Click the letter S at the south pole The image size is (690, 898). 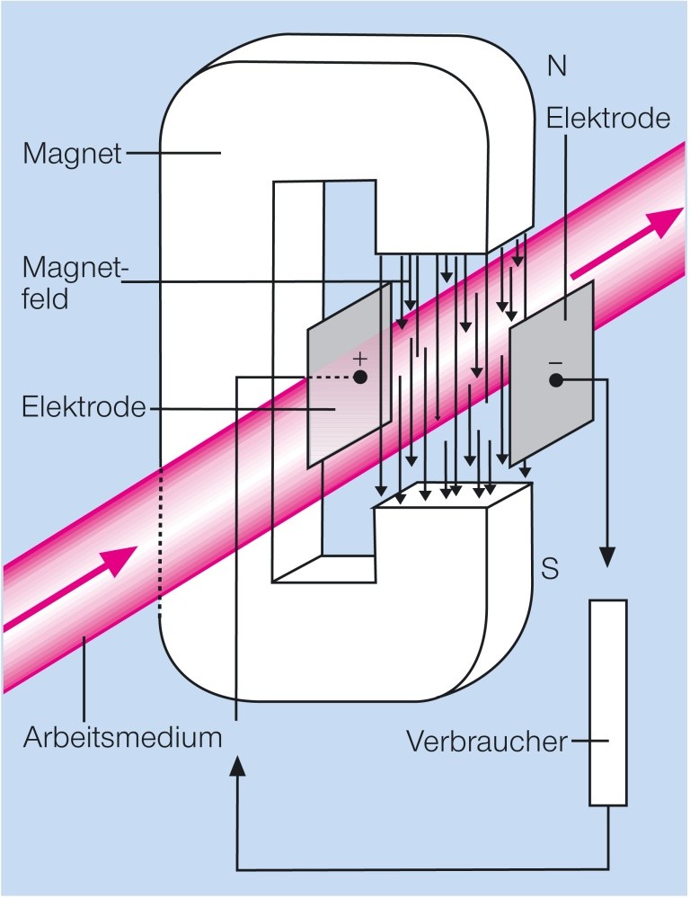(551, 569)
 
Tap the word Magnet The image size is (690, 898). (73, 155)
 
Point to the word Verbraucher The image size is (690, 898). (487, 742)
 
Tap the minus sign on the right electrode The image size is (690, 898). (555, 361)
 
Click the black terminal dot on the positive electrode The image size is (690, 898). (359, 378)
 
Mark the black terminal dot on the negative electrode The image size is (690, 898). (555, 381)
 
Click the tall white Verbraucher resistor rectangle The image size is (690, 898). (608, 701)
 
